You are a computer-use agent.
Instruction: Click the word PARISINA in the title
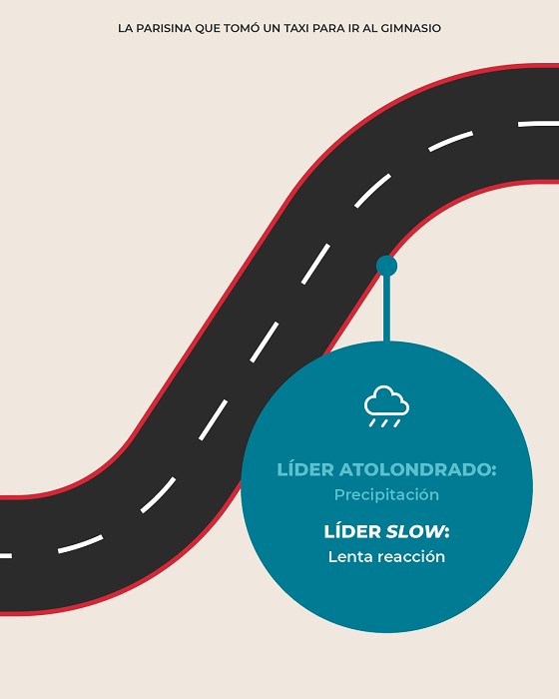tap(163, 28)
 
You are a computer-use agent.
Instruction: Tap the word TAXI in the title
tap(296, 28)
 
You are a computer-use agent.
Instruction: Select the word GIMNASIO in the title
tap(410, 28)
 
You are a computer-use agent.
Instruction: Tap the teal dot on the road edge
tap(386, 267)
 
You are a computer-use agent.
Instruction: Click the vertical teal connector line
tap(386, 309)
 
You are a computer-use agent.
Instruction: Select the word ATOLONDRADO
tap(417, 469)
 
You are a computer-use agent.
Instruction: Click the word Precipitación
tap(386, 495)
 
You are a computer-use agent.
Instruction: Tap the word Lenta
tap(344, 557)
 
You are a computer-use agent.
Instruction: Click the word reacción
tap(404, 557)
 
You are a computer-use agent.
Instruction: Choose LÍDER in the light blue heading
tap(305, 469)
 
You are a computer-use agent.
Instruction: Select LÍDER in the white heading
tap(352, 531)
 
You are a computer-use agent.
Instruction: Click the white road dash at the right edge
tap(538, 124)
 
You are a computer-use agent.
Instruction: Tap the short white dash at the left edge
tap(6, 556)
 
